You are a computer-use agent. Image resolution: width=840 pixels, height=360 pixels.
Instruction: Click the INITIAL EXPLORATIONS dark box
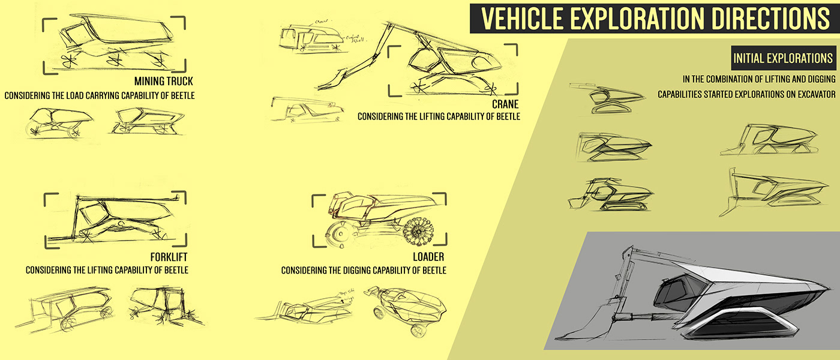click(782, 58)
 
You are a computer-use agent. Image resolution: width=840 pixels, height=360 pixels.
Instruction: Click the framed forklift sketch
click(114, 219)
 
